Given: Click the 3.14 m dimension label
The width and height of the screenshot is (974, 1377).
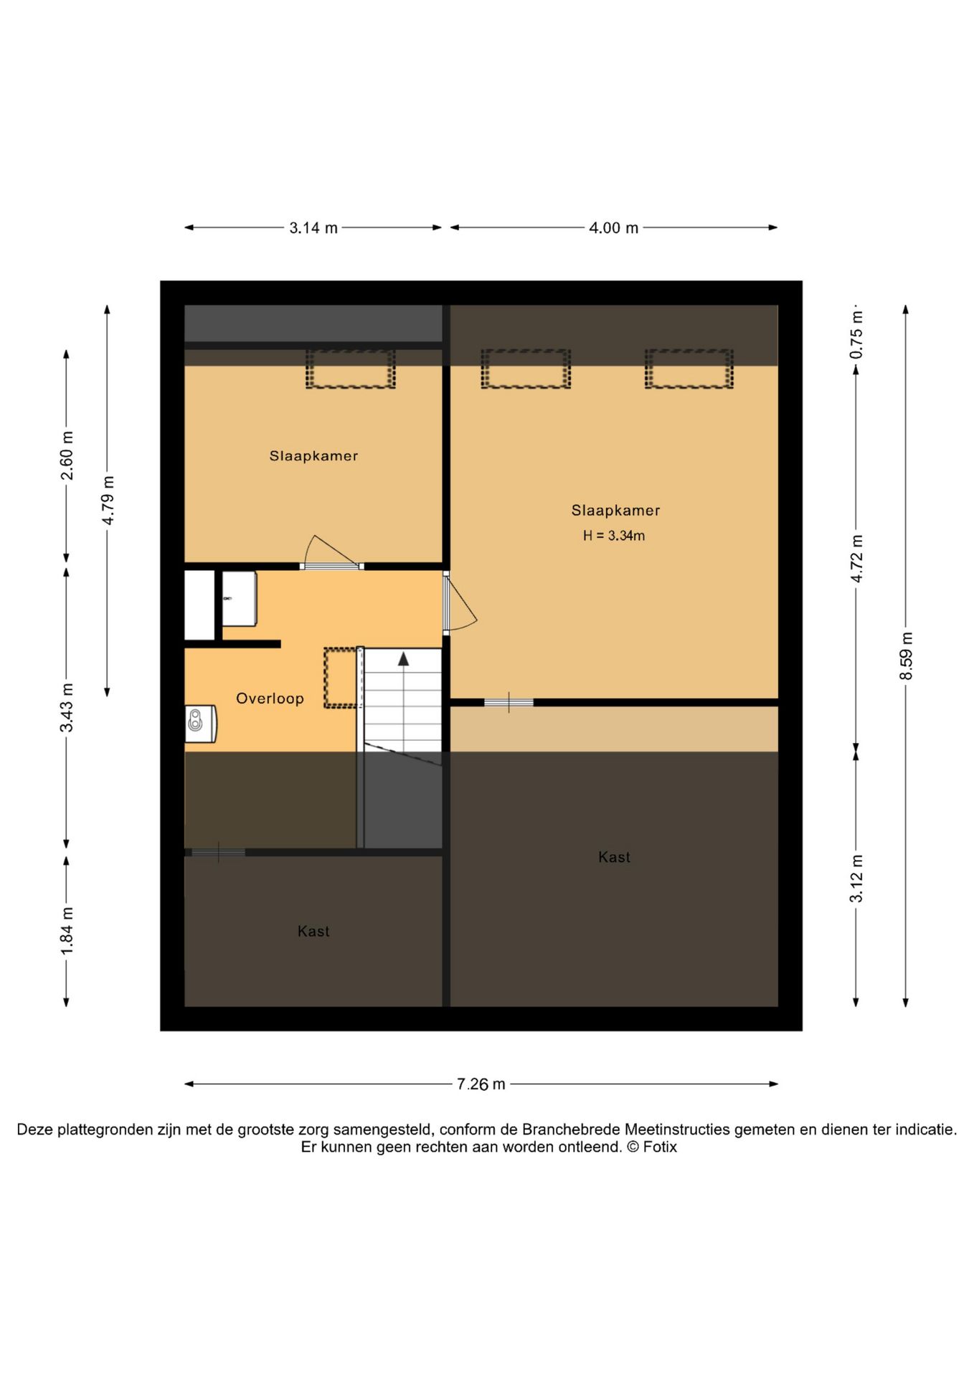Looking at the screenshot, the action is click(313, 228).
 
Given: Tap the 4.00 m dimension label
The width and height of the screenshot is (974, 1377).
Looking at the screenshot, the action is click(614, 228).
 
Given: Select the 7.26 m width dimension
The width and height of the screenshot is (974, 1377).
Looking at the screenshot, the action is click(481, 1084).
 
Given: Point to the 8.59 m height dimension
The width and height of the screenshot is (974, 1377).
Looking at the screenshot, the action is click(906, 656).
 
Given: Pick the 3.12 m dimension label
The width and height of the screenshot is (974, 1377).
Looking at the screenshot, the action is click(856, 879).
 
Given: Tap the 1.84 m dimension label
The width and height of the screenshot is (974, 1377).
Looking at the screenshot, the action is click(67, 931).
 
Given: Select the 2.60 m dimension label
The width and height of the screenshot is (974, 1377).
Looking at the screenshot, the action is click(67, 456).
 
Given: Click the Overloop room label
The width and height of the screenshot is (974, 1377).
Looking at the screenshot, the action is click(270, 699).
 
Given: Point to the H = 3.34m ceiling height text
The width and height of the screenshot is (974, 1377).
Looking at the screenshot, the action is click(614, 536).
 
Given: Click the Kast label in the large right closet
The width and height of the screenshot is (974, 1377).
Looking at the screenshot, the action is click(615, 857).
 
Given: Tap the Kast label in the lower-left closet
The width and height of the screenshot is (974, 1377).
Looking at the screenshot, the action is click(313, 932).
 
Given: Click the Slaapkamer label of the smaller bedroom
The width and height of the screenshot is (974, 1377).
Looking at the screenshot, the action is click(313, 456).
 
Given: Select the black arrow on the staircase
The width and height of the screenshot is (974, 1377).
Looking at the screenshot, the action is click(404, 658).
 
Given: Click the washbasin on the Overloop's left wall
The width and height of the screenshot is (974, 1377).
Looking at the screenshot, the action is click(201, 724).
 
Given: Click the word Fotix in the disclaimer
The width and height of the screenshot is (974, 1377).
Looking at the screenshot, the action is click(660, 1147).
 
